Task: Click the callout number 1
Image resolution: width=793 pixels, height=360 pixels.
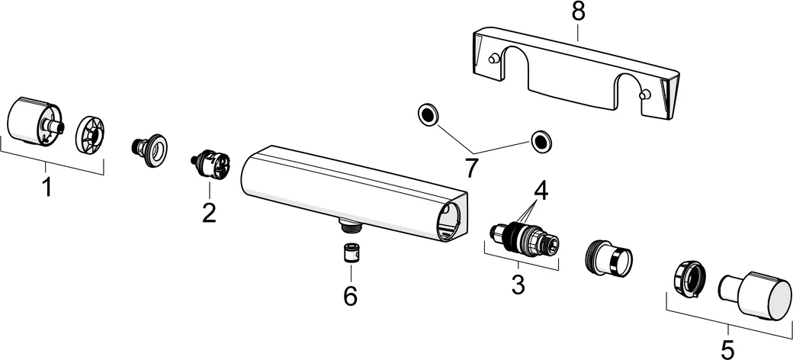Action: coord(47,187)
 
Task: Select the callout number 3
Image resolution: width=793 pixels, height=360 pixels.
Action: coord(518,284)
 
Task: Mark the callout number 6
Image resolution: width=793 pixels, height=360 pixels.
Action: coord(350,294)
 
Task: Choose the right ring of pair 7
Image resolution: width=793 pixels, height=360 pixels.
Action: coord(541,140)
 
